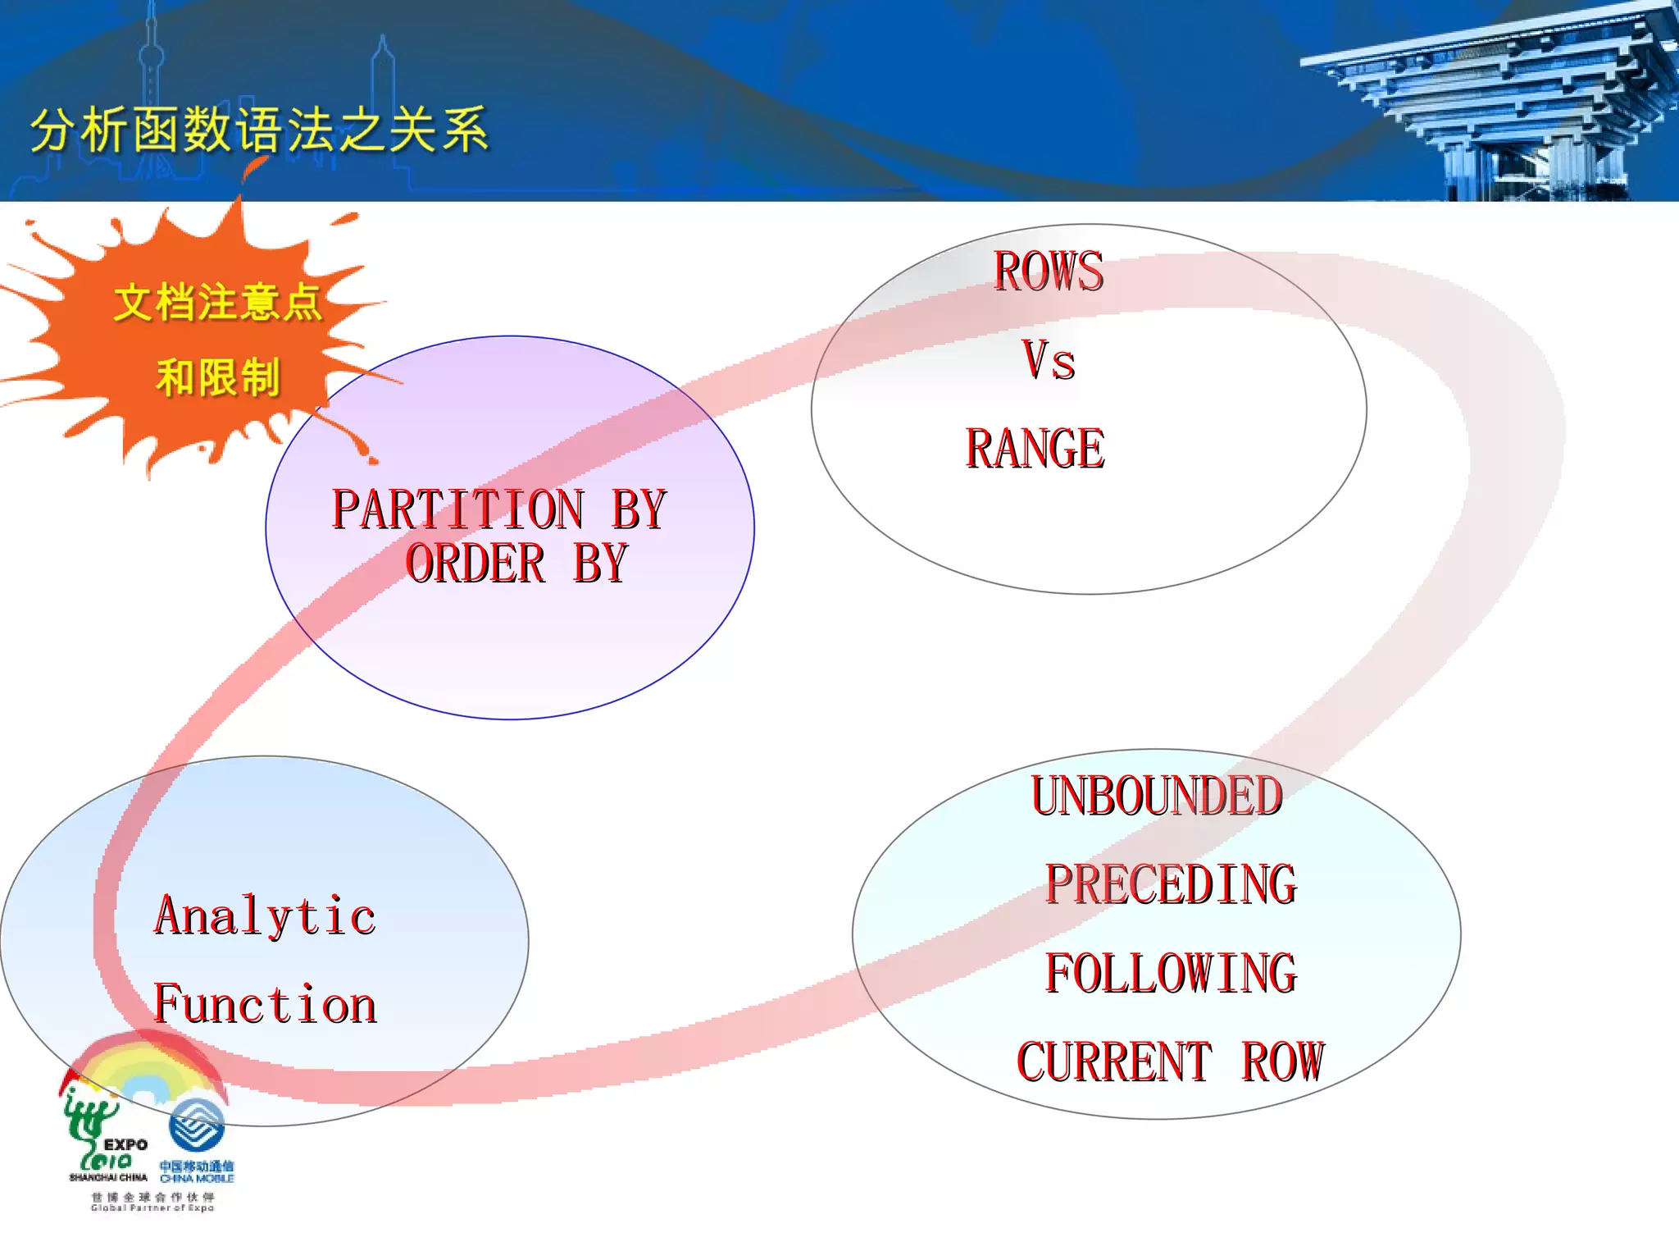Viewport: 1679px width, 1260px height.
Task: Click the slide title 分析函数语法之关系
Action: pos(259,130)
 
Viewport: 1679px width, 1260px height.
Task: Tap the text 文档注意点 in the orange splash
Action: pos(217,302)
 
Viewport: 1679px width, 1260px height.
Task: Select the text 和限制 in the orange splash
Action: pos(217,377)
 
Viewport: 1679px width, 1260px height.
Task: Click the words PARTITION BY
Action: pos(498,509)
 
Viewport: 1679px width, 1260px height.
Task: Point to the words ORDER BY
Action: pos(516,564)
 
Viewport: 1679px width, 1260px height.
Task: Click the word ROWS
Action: pos(1049,272)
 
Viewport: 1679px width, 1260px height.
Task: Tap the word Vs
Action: pos(1049,360)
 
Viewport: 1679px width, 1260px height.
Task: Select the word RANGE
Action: pos(1035,449)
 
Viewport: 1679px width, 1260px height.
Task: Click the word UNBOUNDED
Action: pos(1156,796)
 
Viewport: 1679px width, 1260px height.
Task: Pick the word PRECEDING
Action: pos(1171,884)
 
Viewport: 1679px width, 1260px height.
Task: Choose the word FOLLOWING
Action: pos(1171,973)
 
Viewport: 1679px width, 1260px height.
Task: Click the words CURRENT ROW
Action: pos(1171,1061)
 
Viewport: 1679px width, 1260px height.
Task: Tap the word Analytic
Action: pos(265,915)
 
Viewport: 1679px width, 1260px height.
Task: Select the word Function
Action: pos(265,1004)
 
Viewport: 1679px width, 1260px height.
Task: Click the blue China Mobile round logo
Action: pos(197,1125)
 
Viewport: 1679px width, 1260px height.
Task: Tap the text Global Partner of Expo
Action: pos(152,1207)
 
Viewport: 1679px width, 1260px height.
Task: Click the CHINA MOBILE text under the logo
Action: pos(197,1179)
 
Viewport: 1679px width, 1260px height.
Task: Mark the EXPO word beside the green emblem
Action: pos(125,1144)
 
